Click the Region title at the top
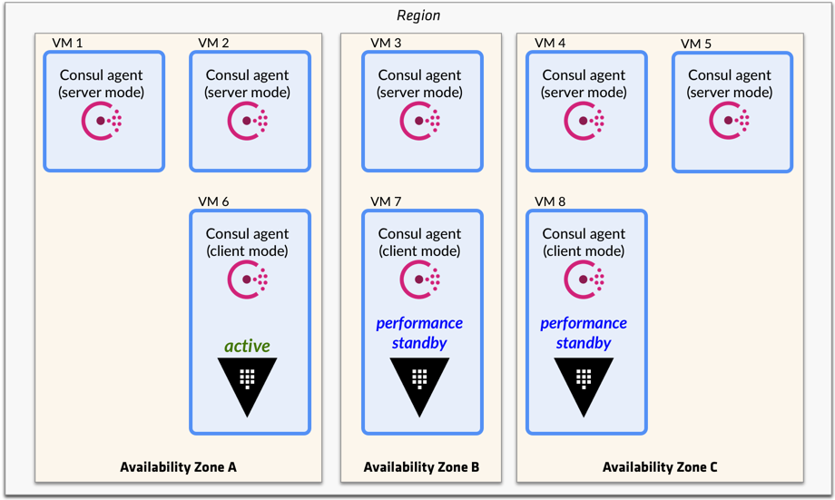pyautogui.click(x=417, y=15)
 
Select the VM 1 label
pyautogui.click(x=67, y=43)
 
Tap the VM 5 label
pyautogui.click(x=696, y=44)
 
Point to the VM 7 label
pyautogui.click(x=386, y=201)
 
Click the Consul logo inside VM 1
pyautogui.click(x=103, y=121)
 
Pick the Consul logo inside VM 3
pyautogui.click(x=420, y=121)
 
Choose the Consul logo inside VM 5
pyautogui.click(x=730, y=121)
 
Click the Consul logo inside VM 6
pyautogui.click(x=248, y=279)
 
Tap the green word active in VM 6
pyautogui.click(x=248, y=346)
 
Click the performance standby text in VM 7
pyautogui.click(x=419, y=333)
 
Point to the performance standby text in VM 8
pyautogui.click(x=584, y=333)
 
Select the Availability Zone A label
pyautogui.click(x=178, y=467)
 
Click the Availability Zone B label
pyautogui.click(x=421, y=467)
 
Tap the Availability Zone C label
pyautogui.click(x=660, y=467)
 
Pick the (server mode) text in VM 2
pyautogui.click(x=248, y=93)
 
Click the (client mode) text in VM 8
pyautogui.click(x=584, y=251)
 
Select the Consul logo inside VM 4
pyautogui.click(x=584, y=121)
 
